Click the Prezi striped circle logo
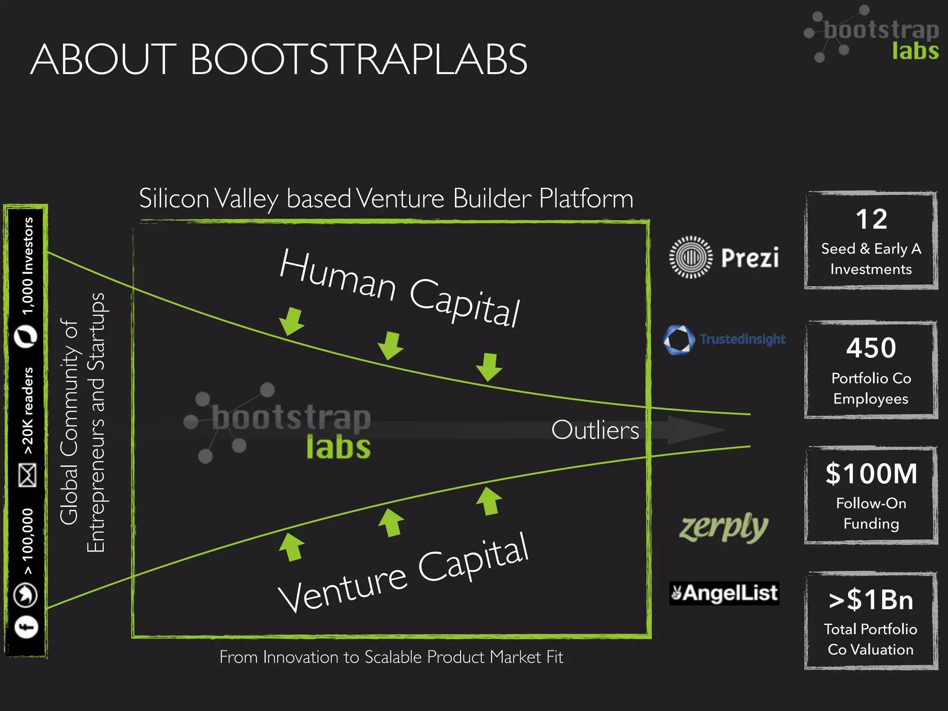[691, 257]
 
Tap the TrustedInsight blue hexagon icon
[679, 339]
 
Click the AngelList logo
[724, 593]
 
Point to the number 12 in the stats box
[871, 219]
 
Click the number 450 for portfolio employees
[871, 348]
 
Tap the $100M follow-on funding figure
[871, 474]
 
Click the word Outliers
[595, 430]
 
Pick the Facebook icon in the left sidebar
[26, 627]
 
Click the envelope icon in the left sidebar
[27, 475]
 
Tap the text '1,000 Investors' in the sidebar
[28, 266]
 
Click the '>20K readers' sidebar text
[28, 411]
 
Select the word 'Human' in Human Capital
[338, 275]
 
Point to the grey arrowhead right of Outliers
[694, 430]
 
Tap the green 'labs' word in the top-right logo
[915, 50]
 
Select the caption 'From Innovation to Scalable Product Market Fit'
[391, 657]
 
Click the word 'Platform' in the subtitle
[586, 199]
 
